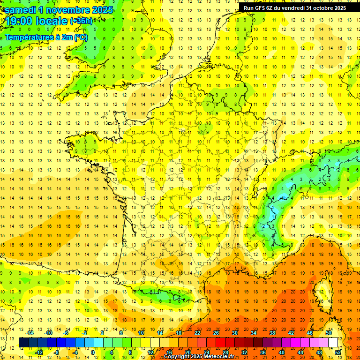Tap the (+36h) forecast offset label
pos(81,21)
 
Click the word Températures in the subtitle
pos(29,37)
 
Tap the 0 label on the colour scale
pos(92,352)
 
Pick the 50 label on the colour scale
pos(329,333)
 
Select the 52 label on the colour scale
pos(338,352)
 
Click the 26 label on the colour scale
pos(216,333)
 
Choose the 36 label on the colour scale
pos(263,352)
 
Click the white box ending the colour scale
pos(333,343)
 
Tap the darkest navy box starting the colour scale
pos(23,343)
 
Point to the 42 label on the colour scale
pos(291,333)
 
